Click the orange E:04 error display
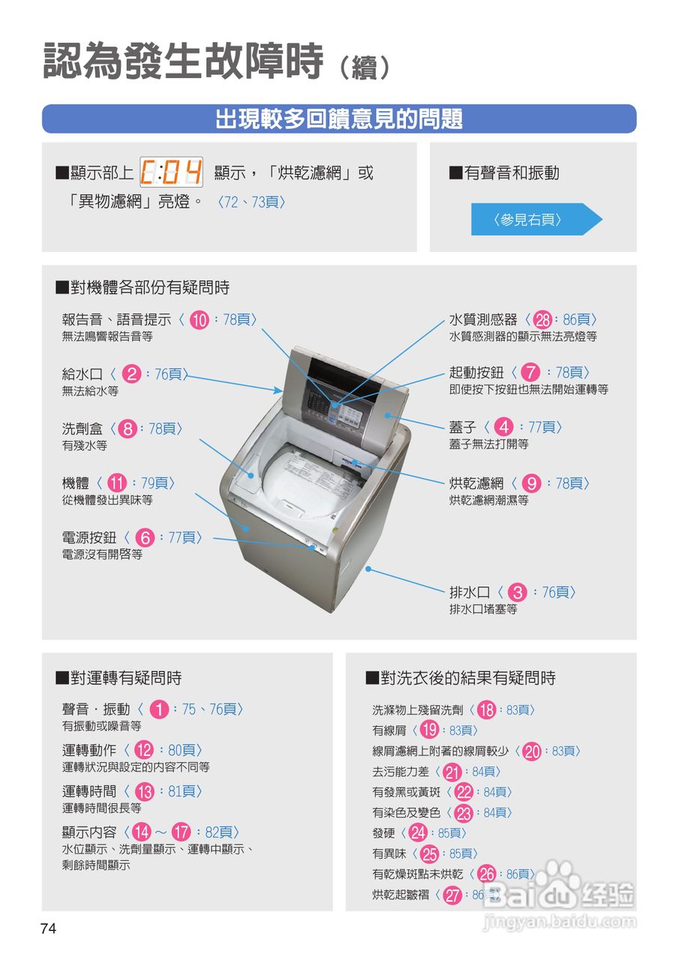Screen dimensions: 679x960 [x=172, y=173]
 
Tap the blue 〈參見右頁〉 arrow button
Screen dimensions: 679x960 [x=536, y=220]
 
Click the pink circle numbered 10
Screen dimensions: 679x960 [x=199, y=320]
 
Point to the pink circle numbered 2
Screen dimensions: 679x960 [x=131, y=373]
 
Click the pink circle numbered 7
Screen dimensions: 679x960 [x=530, y=373]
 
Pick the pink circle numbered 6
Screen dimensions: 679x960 [x=146, y=538]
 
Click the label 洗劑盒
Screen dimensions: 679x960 [x=83, y=428]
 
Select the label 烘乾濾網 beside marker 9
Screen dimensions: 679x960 [x=476, y=483]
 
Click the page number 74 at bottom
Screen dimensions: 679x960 [x=48, y=928]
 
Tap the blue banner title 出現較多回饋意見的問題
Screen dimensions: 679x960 [x=339, y=118]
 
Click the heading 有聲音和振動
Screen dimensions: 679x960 [x=512, y=173]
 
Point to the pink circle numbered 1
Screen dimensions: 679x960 [x=158, y=709]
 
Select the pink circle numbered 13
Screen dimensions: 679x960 [x=145, y=791]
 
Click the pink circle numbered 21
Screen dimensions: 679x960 [x=452, y=772]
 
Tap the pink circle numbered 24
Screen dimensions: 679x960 [x=419, y=833]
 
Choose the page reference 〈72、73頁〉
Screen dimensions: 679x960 [x=251, y=202]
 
